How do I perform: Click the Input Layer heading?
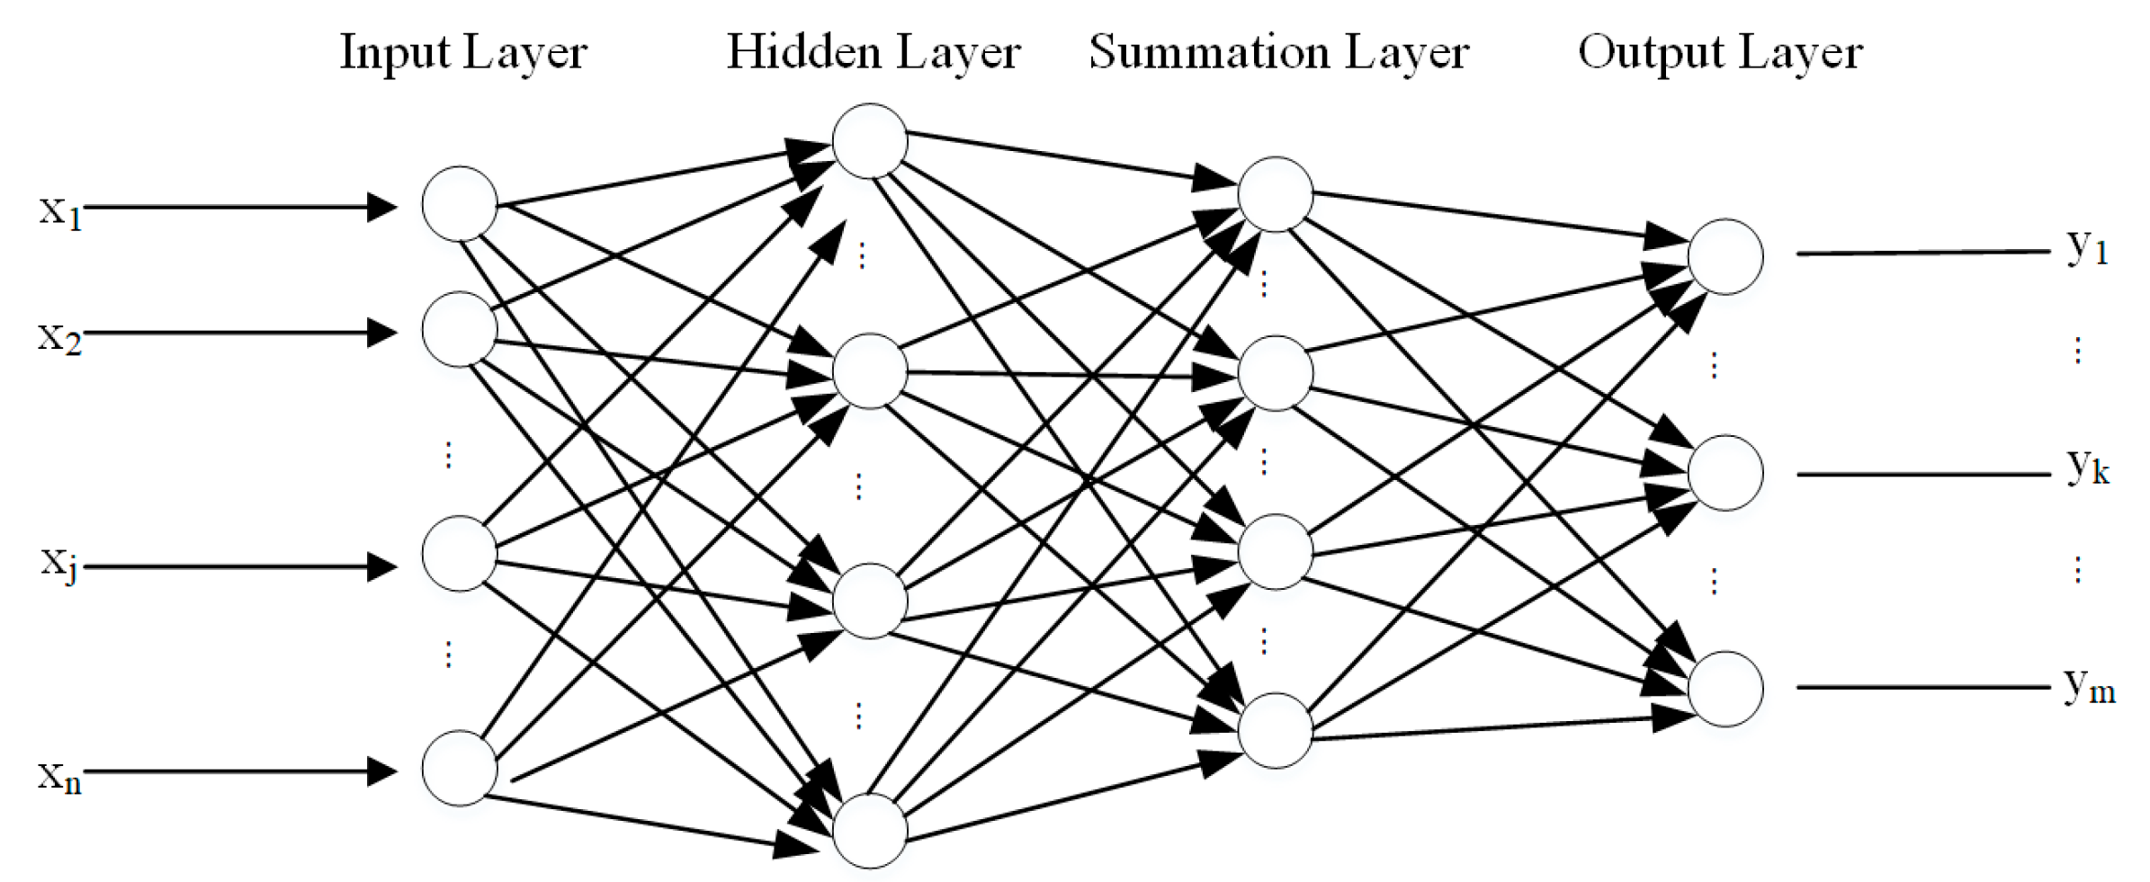(x=463, y=52)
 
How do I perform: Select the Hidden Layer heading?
(x=873, y=52)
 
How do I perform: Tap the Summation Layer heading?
(x=1278, y=52)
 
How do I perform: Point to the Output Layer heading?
(x=1720, y=52)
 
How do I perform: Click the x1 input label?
(x=60, y=212)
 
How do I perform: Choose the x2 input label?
(x=59, y=338)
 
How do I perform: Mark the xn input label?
(x=59, y=776)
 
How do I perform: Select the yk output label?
(x=2087, y=468)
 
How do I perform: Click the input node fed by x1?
(x=460, y=204)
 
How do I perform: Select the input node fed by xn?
(x=460, y=768)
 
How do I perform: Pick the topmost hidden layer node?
(x=869, y=141)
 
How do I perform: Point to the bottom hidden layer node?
(x=869, y=831)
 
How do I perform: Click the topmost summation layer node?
(x=1275, y=194)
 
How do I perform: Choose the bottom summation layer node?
(x=1275, y=730)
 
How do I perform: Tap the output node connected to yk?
(x=1724, y=473)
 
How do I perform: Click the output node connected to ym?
(x=1724, y=689)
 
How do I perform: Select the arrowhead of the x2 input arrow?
(x=382, y=333)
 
